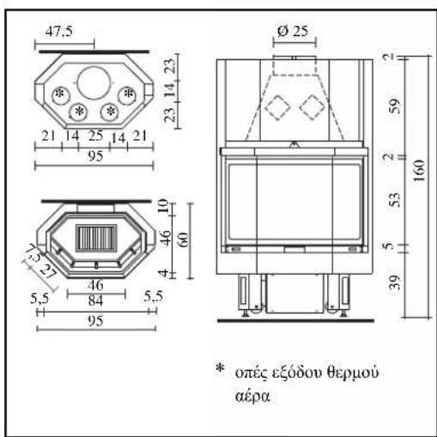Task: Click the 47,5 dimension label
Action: click(x=59, y=31)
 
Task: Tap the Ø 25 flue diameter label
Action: click(x=293, y=31)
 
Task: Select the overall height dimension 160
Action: click(x=419, y=170)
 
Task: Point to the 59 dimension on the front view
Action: click(x=395, y=106)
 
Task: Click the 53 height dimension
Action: click(x=395, y=200)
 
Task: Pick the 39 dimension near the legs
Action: click(x=395, y=282)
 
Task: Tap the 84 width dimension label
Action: click(x=95, y=300)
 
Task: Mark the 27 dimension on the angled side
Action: click(x=47, y=271)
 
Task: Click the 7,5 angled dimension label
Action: click(x=33, y=252)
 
